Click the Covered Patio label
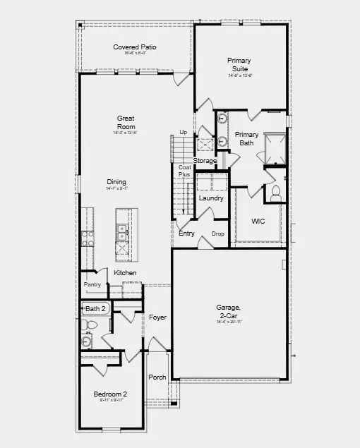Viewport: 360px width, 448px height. click(x=135, y=47)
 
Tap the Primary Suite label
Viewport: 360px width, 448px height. click(x=239, y=65)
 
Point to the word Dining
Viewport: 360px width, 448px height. click(x=117, y=181)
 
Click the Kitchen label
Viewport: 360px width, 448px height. click(x=126, y=273)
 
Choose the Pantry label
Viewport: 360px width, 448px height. click(x=92, y=285)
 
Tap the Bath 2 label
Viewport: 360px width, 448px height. click(x=96, y=308)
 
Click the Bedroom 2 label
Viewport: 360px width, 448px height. click(x=110, y=394)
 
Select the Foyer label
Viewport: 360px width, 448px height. click(x=157, y=317)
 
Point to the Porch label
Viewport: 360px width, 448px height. click(x=157, y=377)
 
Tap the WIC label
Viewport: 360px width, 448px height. click(x=258, y=221)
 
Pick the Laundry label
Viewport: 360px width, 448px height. click(x=211, y=198)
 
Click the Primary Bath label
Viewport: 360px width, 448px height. click(x=247, y=139)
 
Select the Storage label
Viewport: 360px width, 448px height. click(x=205, y=161)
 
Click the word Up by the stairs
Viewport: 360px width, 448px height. click(x=184, y=133)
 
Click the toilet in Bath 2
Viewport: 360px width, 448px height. click(x=90, y=325)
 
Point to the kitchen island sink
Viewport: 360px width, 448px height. click(x=122, y=229)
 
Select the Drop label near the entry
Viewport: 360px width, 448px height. click(x=218, y=234)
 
